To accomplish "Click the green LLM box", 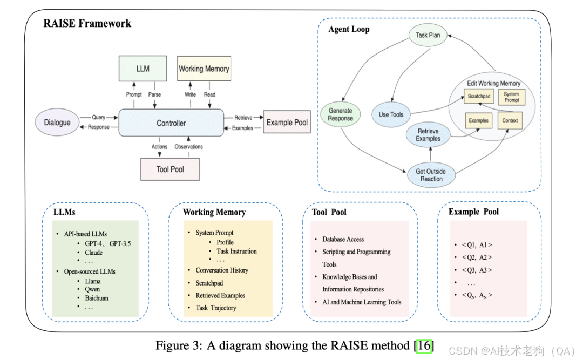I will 143,69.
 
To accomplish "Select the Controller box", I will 171,123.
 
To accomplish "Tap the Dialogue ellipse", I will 57,123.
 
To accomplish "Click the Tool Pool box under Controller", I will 170,169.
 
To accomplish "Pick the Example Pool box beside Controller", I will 287,123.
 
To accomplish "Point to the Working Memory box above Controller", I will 204,69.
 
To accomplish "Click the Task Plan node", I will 428,36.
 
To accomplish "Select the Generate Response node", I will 341,114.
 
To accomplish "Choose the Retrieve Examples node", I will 428,135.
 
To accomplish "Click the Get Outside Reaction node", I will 431,175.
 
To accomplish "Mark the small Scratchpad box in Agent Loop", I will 479,97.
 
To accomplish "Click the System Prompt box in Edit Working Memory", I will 512,97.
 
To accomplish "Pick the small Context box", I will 510,120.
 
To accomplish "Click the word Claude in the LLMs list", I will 93,253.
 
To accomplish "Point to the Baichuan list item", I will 96,298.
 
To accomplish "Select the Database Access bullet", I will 343,239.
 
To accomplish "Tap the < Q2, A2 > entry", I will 477,257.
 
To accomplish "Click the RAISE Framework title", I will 87,23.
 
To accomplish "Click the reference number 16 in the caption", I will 424,345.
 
